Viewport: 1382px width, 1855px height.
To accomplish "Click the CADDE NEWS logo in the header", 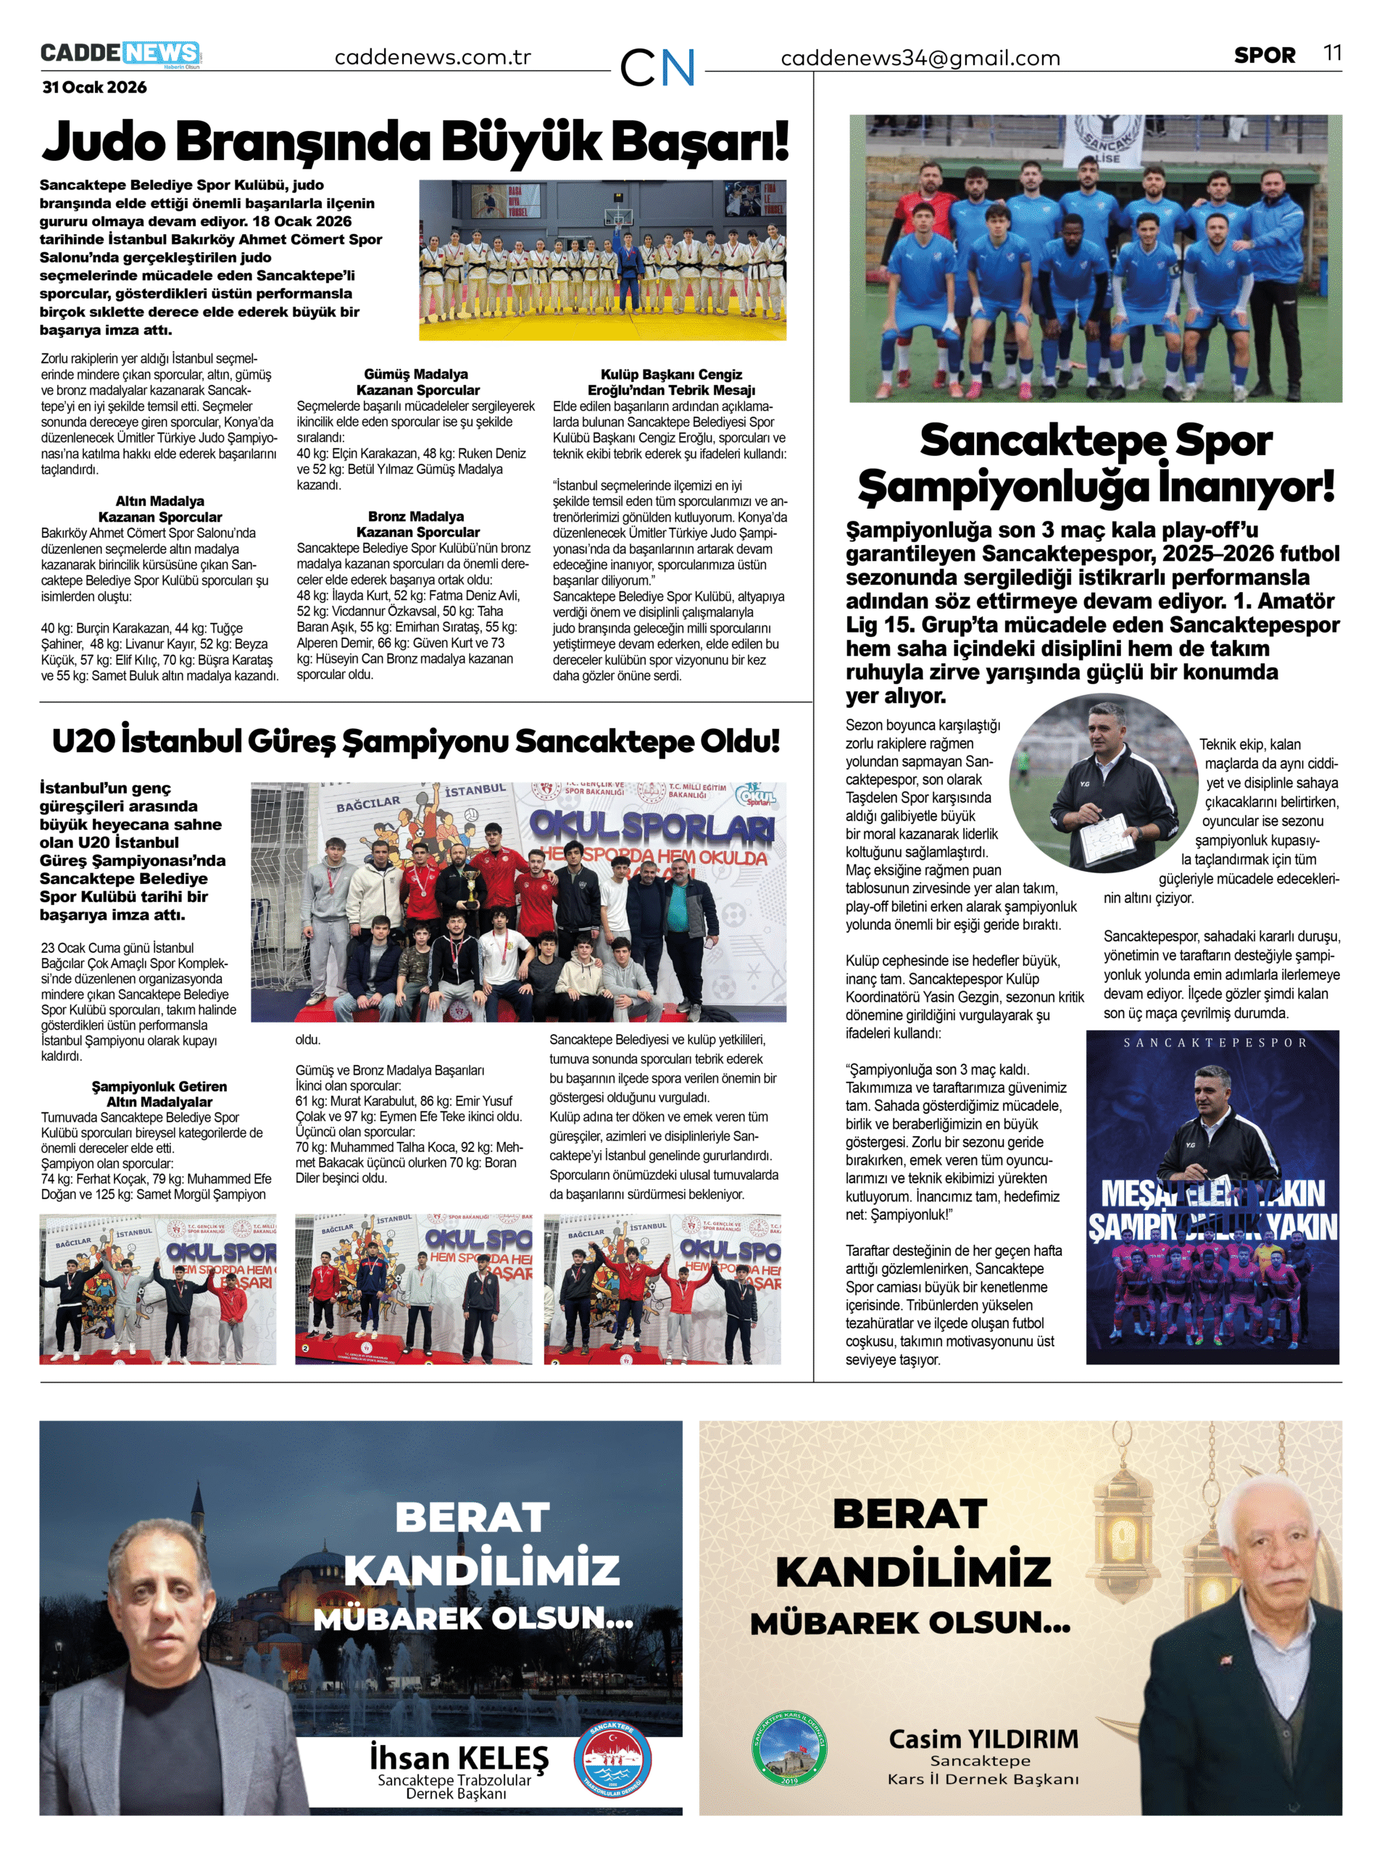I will (x=120, y=54).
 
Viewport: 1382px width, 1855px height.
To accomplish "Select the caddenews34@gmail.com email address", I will (x=920, y=58).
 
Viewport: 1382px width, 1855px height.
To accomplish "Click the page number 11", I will (x=1333, y=54).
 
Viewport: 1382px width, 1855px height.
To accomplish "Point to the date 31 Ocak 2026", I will (x=94, y=87).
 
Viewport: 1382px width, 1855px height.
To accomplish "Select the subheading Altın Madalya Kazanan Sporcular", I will (x=159, y=509).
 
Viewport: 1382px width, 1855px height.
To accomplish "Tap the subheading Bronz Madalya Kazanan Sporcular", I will (x=417, y=524).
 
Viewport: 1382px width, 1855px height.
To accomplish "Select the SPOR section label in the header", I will (x=1264, y=55).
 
